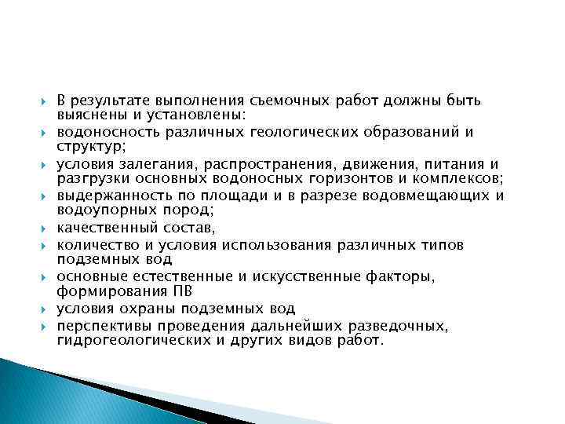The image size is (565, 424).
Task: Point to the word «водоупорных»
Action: [97, 209]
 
